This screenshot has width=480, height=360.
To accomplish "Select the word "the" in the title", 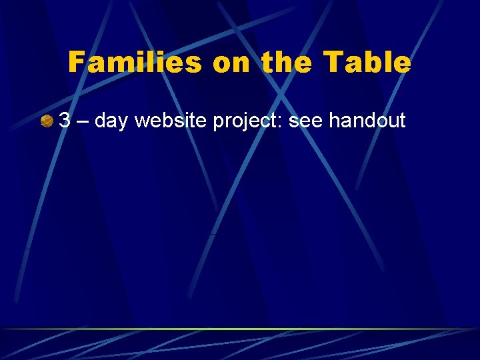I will (284, 63).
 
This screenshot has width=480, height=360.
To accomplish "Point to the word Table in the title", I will (367, 63).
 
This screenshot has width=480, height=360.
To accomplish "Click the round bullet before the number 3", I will (47, 121).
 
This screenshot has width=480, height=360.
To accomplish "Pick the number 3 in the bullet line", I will (65, 120).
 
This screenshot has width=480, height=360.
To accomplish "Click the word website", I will (171, 120).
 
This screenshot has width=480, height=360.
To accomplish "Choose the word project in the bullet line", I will (247, 121).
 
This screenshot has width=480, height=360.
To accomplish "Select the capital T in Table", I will (331, 63).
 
